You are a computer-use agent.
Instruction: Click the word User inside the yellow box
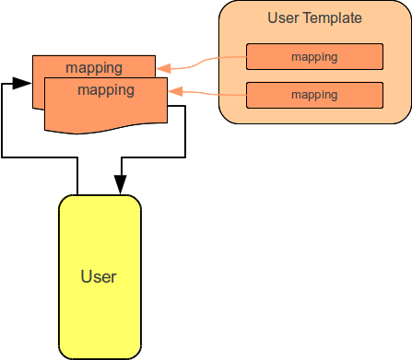pyautogui.click(x=99, y=275)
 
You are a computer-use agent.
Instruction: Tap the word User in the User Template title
pyautogui.click(x=282, y=17)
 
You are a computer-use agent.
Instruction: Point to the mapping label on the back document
pyautogui.click(x=93, y=67)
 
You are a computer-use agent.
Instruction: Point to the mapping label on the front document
pyautogui.click(x=106, y=90)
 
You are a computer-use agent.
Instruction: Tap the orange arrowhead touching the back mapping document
pyautogui.click(x=162, y=67)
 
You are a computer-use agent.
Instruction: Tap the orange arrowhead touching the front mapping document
pyautogui.click(x=174, y=91)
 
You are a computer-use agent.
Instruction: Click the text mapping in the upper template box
pyautogui.click(x=313, y=57)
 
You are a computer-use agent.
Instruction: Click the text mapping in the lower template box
pyautogui.click(x=313, y=95)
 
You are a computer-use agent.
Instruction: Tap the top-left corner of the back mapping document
pyautogui.click(x=34, y=57)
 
